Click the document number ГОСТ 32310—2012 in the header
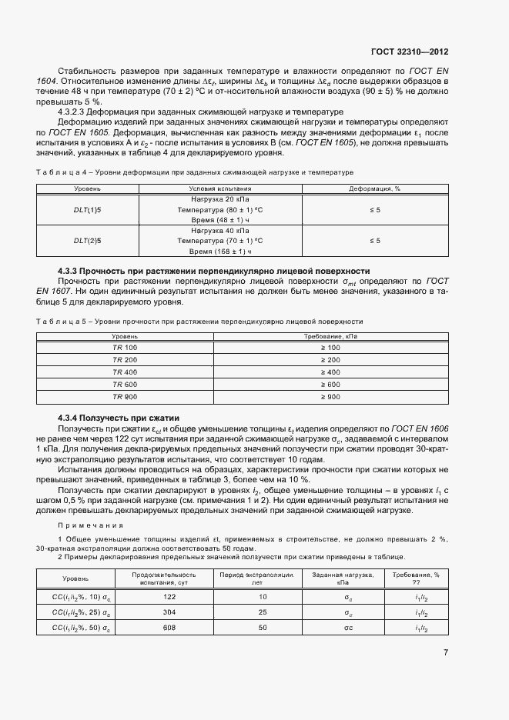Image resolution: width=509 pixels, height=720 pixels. [x=409, y=52]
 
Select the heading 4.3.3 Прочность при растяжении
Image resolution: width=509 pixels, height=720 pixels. [x=214, y=271]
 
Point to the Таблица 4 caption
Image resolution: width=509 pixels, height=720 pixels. [x=194, y=172]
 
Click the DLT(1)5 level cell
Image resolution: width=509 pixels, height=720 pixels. [x=87, y=209]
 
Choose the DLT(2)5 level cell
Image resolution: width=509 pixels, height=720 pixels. [x=87, y=241]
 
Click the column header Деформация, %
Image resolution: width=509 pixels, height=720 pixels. [x=374, y=188]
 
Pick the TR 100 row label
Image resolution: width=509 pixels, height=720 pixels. [x=124, y=348]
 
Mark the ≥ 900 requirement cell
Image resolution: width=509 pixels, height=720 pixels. [x=329, y=396]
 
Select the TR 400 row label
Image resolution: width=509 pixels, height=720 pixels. [x=124, y=372]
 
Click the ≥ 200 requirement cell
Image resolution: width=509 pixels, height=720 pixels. [x=329, y=360]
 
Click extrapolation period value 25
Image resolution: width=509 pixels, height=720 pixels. [x=263, y=612]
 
